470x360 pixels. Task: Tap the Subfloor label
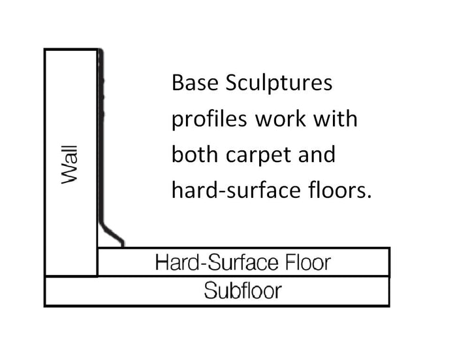pos(243,290)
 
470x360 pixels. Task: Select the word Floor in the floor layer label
pos(307,263)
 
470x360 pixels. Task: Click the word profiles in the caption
pos(210,121)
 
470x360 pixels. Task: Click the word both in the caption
pos(194,155)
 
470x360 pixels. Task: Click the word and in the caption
pos(317,155)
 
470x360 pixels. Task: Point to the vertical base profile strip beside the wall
pos(101,144)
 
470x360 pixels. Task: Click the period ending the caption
pos(369,197)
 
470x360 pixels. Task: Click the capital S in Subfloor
pos(209,290)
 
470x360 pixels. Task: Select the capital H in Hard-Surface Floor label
pos(162,263)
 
